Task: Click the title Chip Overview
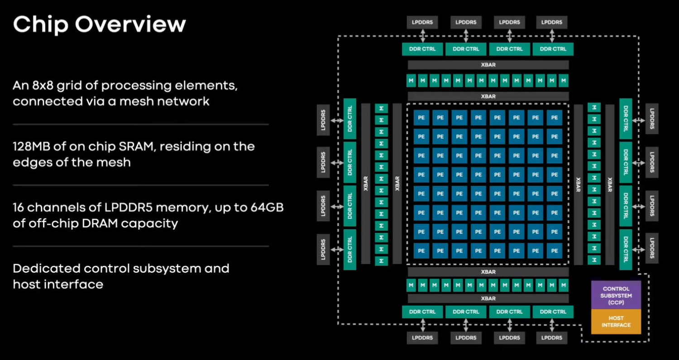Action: (x=99, y=24)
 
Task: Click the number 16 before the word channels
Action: (x=19, y=207)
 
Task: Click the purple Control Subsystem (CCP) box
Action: (x=616, y=295)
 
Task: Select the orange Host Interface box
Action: (x=616, y=322)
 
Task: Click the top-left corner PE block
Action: (x=421, y=117)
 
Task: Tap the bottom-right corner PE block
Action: (x=554, y=250)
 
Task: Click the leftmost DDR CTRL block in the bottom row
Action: (x=422, y=312)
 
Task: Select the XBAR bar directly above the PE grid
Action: (x=488, y=96)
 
